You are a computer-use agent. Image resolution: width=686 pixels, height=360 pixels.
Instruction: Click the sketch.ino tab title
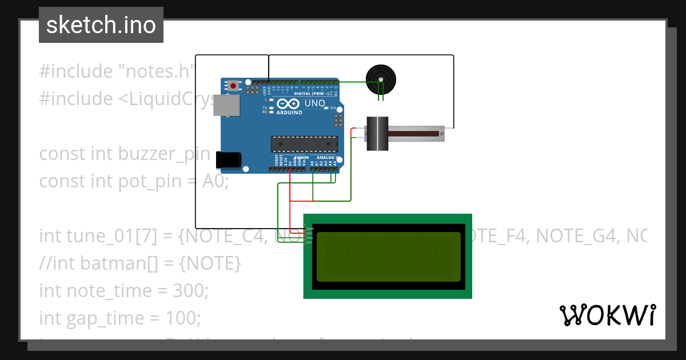pos(101,25)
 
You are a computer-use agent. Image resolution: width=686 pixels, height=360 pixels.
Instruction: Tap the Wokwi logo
pos(607,315)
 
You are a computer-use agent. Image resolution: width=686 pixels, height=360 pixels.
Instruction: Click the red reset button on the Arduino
pos(233,86)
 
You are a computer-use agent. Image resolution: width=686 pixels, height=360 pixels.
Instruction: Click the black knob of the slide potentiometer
pos(377,134)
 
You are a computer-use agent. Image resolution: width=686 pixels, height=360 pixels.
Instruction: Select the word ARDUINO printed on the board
pos(290,113)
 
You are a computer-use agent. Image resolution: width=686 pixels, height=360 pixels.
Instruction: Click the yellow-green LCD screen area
pos(388,257)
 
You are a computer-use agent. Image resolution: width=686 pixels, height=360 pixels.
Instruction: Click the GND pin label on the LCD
pos(309,228)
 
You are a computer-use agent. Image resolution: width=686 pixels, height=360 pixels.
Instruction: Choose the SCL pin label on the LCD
pos(309,243)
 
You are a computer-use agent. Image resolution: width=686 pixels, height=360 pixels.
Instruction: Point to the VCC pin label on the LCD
pos(309,233)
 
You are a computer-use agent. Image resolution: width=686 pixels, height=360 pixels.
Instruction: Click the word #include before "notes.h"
pos(76,71)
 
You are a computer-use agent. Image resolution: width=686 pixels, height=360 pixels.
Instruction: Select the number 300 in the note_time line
pos(191,291)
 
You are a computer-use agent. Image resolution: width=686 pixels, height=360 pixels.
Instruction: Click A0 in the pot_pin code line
pos(215,181)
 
